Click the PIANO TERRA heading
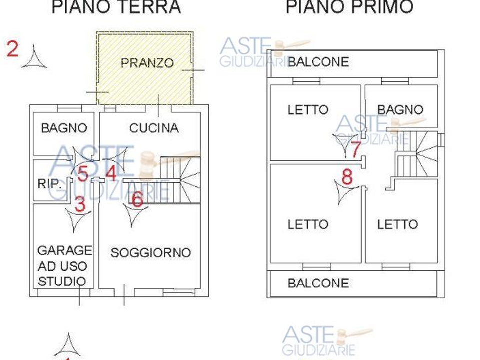click(x=116, y=6)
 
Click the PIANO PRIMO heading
click(x=349, y=6)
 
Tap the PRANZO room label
click(x=147, y=63)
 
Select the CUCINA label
click(x=154, y=128)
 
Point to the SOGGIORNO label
click(x=151, y=252)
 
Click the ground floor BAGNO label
click(x=64, y=128)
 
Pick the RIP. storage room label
click(x=49, y=183)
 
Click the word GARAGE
click(x=65, y=250)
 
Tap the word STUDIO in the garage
click(x=62, y=281)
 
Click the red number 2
click(x=12, y=49)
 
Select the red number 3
click(x=80, y=204)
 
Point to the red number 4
click(x=111, y=173)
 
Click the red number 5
click(x=82, y=173)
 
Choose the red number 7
click(x=355, y=149)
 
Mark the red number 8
click(x=347, y=177)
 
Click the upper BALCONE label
click(x=318, y=62)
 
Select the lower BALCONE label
click(x=318, y=283)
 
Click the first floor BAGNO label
click(x=400, y=109)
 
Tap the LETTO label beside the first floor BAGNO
click(x=308, y=109)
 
